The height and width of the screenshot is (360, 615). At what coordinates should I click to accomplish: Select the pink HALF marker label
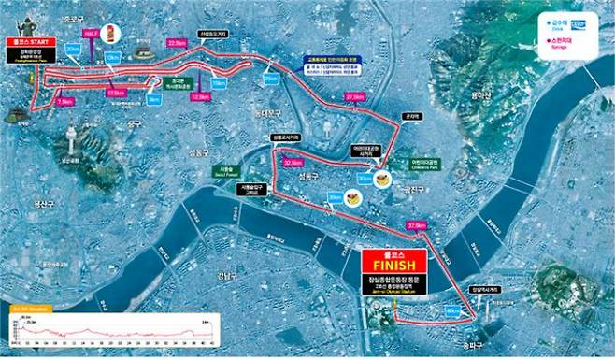point(92,34)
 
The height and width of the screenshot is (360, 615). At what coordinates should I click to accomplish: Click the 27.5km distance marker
point(354,97)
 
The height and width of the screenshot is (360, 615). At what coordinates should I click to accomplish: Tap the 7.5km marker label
point(64,102)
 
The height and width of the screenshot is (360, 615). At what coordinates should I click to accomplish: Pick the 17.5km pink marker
point(116,94)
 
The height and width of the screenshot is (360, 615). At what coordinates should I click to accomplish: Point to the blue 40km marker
point(453,310)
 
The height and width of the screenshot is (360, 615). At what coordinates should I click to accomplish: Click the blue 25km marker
point(271,79)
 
